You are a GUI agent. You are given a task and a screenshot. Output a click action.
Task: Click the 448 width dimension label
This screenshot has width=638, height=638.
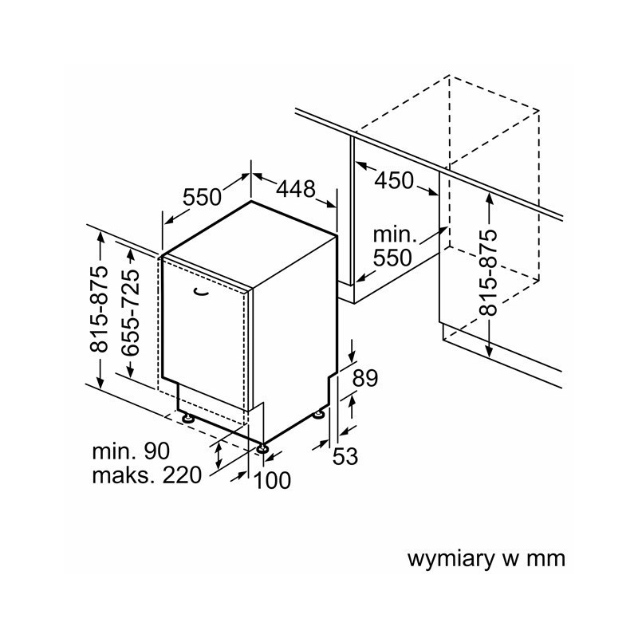[x=296, y=189]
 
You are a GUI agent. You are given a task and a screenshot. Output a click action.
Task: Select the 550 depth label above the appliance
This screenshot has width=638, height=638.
[x=201, y=196]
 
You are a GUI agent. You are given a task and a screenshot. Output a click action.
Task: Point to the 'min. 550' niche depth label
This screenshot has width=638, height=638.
[x=395, y=246]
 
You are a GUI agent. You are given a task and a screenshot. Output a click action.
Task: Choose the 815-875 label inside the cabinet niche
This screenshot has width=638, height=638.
[x=489, y=272]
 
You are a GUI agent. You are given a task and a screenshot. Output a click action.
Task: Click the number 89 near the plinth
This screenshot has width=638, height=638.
[x=364, y=378]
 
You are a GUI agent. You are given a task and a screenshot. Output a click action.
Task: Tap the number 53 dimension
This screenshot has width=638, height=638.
[x=345, y=456]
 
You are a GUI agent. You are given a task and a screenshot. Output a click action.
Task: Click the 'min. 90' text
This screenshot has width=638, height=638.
[x=131, y=451]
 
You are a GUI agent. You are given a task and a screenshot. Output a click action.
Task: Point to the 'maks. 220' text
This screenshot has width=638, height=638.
[x=147, y=476]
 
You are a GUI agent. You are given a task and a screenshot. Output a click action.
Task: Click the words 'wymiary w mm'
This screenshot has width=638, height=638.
[x=486, y=558]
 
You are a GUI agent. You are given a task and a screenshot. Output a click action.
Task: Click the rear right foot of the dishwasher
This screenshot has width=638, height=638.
[x=321, y=413]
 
